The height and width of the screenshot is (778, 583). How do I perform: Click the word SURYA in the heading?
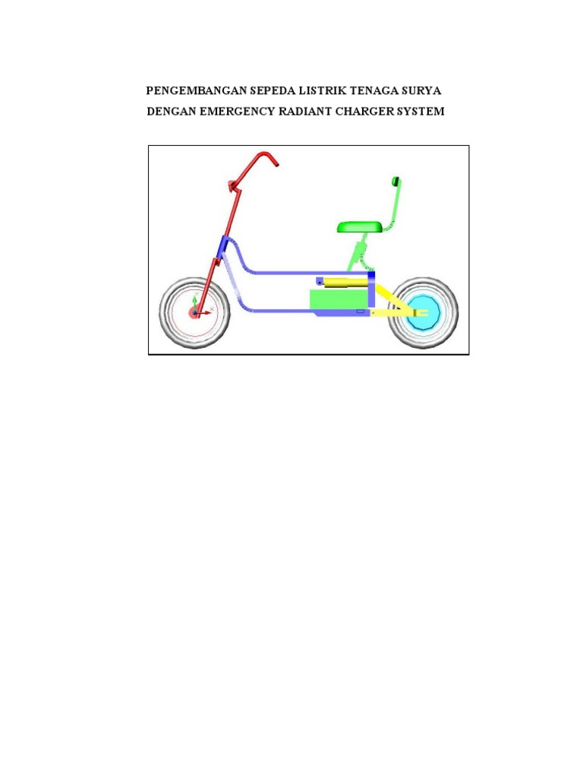coord(424,91)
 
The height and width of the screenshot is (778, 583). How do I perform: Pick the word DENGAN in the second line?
coord(171,112)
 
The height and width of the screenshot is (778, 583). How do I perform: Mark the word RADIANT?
coord(314,112)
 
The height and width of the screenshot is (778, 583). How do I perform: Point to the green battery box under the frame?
coord(339,301)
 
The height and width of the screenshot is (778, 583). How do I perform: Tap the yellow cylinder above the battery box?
coord(345,282)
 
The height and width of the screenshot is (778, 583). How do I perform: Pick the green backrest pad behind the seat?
coord(395,181)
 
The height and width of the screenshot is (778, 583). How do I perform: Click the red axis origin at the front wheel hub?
coord(194,312)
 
